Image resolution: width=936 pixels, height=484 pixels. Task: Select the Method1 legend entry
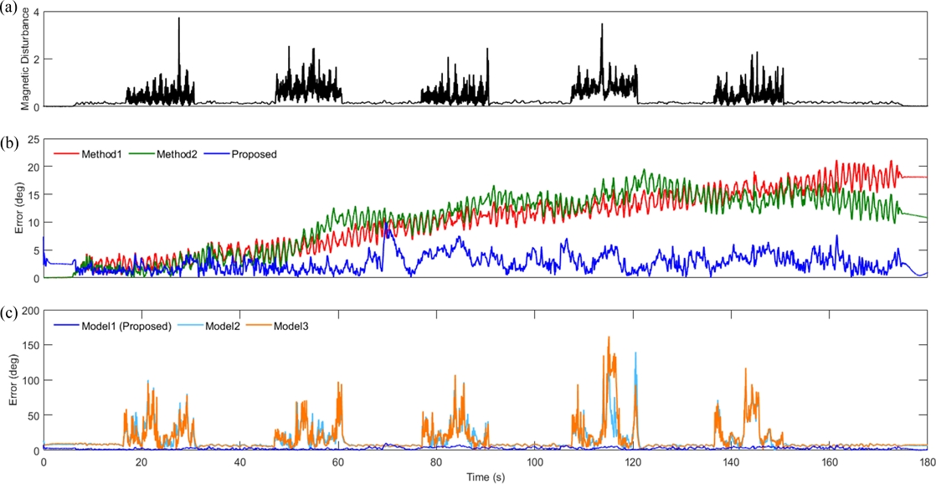coord(100,154)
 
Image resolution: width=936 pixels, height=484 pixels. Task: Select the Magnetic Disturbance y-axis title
coord(26,59)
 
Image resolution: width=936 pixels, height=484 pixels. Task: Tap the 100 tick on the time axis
coord(534,461)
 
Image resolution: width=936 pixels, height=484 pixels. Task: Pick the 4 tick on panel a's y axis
coord(34,13)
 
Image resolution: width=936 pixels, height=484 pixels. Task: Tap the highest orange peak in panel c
coord(609,337)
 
